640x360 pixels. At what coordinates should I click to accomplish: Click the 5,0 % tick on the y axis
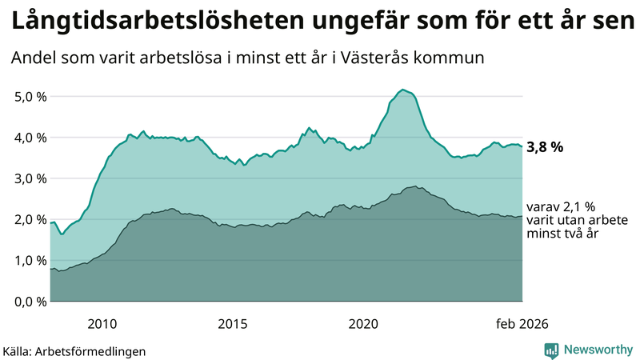click(30, 97)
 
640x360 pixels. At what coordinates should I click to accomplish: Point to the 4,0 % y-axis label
click(30, 138)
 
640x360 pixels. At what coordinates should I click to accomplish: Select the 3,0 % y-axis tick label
click(30, 178)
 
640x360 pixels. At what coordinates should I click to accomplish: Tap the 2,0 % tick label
click(30, 219)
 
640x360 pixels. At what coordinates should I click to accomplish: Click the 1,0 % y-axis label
click(30, 260)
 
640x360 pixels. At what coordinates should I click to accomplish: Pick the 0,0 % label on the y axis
click(30, 302)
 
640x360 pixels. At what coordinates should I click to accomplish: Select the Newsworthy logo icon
click(551, 350)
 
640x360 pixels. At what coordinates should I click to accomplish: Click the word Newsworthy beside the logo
click(596, 350)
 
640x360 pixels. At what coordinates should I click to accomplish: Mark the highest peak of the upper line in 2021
click(403, 90)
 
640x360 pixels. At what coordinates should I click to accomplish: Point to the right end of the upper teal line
click(522, 146)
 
